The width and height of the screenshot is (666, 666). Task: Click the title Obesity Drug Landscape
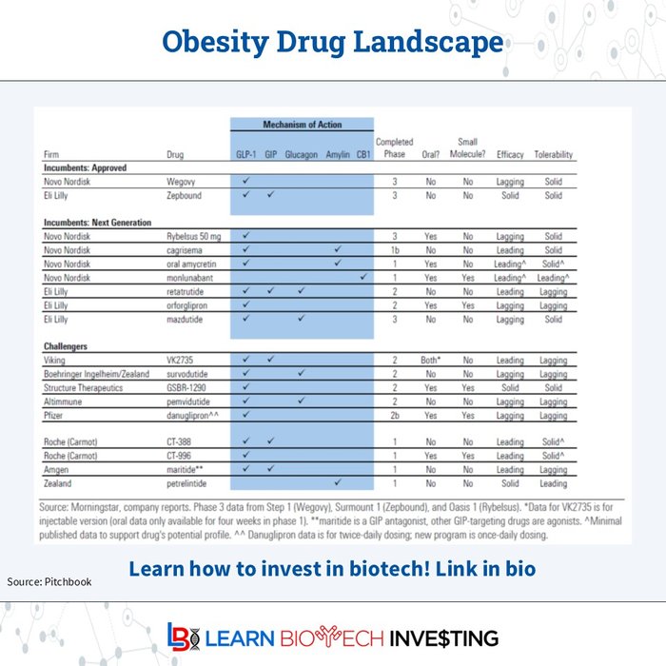(332, 43)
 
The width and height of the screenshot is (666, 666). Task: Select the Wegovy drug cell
(181, 181)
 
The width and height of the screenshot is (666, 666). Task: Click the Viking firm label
(56, 361)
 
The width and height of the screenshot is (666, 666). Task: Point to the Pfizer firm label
(56, 415)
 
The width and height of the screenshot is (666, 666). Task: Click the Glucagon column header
(301, 154)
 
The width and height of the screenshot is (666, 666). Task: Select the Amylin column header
(338, 154)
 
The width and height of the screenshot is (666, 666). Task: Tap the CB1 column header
(363, 154)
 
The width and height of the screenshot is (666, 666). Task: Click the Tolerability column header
(553, 154)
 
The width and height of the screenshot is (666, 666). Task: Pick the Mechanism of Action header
(302, 125)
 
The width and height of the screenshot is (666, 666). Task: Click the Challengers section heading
(69, 347)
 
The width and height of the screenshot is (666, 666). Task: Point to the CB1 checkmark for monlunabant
(363, 277)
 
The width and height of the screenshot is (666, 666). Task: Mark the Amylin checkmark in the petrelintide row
(338, 483)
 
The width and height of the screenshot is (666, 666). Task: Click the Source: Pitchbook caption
(49, 581)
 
